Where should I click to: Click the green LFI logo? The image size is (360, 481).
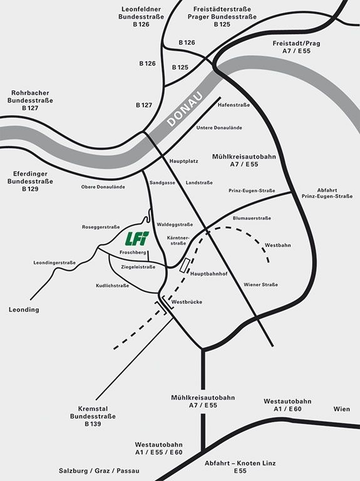(x=137, y=239)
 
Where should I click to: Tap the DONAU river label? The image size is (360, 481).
(x=185, y=109)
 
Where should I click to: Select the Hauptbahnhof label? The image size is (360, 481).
(x=209, y=274)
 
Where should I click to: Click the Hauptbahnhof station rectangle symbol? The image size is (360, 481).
(x=185, y=265)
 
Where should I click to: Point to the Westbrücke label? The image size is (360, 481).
(x=187, y=302)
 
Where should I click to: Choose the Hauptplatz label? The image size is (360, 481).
(x=183, y=161)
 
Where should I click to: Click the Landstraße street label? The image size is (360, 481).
(x=199, y=182)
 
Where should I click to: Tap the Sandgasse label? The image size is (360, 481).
(x=162, y=182)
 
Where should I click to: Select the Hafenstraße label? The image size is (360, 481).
(x=234, y=105)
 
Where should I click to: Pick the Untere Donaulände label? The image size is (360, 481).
(x=219, y=128)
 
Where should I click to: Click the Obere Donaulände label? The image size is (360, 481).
(x=103, y=187)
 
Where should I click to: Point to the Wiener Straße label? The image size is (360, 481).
(x=260, y=285)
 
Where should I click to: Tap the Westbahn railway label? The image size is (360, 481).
(x=278, y=245)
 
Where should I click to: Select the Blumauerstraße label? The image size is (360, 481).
(x=252, y=218)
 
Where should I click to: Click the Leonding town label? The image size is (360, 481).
(x=24, y=309)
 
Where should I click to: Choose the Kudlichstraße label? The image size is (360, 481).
(x=112, y=286)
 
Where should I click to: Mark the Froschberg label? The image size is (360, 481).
(x=133, y=252)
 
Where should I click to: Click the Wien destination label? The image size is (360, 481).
(x=342, y=409)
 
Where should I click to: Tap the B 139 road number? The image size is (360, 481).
(x=93, y=423)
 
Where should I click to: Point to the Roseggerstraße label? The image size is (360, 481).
(x=101, y=227)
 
